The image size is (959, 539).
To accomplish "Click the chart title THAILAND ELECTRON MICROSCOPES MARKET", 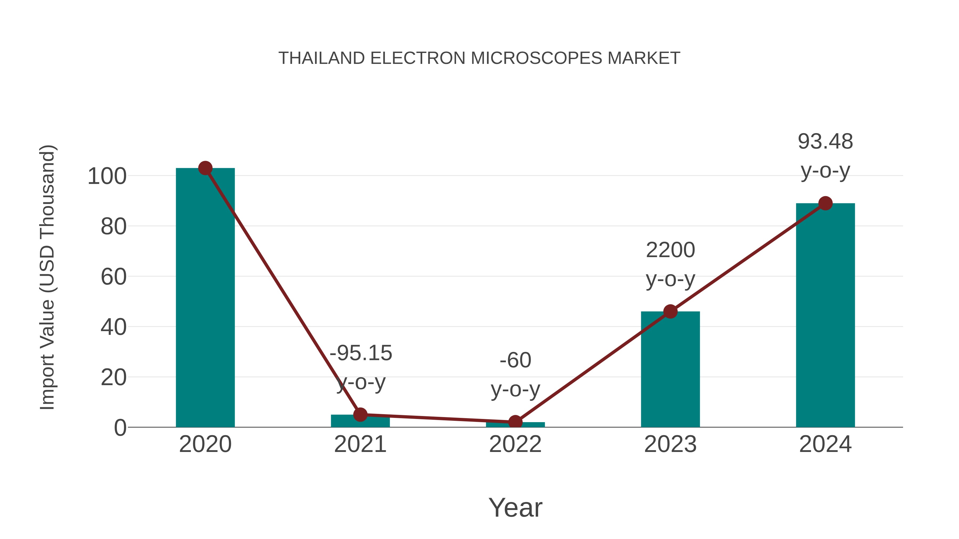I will click(x=479, y=58).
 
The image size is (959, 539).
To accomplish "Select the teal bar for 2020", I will click(x=205, y=298).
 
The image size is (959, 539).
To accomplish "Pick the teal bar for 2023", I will click(x=670, y=372).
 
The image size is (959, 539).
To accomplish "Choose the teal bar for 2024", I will click(x=825, y=316).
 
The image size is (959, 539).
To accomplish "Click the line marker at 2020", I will click(x=205, y=168).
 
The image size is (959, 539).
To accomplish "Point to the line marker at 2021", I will click(x=360, y=414).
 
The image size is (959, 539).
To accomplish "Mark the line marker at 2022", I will click(x=515, y=422).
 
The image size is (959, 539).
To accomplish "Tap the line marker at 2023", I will click(x=670, y=311).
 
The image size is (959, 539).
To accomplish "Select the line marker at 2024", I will click(x=825, y=203).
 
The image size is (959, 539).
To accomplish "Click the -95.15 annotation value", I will click(x=361, y=353).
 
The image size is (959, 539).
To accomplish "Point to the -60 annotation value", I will click(x=515, y=360).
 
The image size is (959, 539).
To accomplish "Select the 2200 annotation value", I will click(x=670, y=250).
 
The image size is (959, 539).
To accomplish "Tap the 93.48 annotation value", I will click(x=825, y=142).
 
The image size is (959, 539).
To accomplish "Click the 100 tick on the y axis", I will click(x=107, y=176).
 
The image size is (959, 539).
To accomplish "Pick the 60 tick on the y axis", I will click(x=113, y=277).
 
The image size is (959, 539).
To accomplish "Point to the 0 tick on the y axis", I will click(x=120, y=428).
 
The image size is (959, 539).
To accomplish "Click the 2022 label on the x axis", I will click(x=515, y=444).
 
